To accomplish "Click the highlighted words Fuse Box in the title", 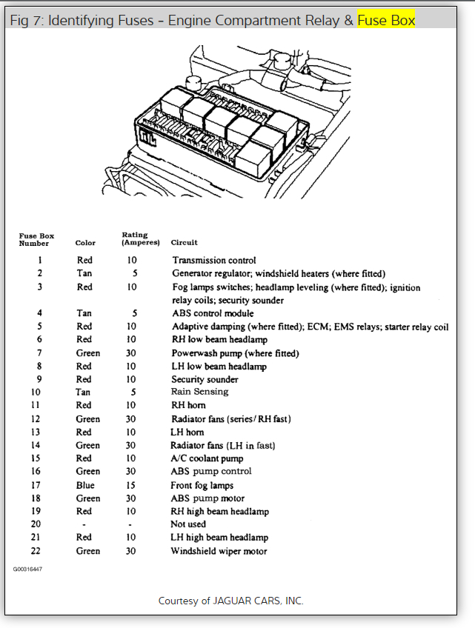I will click(x=385, y=20).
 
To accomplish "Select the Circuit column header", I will click(x=184, y=243).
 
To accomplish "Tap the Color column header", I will click(x=85, y=243).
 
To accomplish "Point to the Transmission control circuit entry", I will click(x=214, y=260).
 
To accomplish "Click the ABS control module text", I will click(x=213, y=313).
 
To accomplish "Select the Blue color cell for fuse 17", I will click(x=85, y=485).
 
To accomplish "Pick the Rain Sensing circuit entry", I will click(x=199, y=392).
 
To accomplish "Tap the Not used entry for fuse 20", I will click(x=189, y=524).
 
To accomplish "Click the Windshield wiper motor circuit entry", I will click(x=219, y=551).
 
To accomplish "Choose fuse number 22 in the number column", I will click(x=36, y=551).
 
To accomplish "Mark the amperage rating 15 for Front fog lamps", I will click(x=130, y=485).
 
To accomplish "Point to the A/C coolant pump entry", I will click(x=208, y=458).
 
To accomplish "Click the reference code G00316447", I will click(x=27, y=570).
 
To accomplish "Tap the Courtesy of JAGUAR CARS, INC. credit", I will click(x=230, y=601).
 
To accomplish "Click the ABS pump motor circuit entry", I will click(x=207, y=498).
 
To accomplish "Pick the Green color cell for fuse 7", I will click(x=87, y=353).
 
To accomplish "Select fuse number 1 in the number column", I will click(x=39, y=260).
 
